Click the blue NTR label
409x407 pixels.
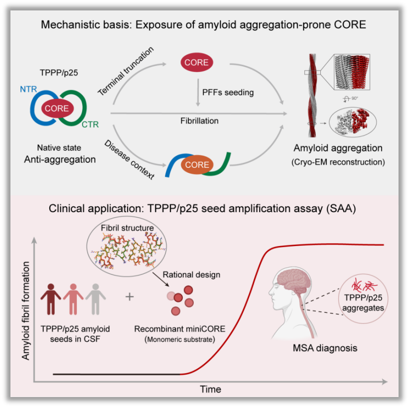(28, 89)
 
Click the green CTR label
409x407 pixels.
(90, 125)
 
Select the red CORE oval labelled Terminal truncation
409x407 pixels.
(197, 62)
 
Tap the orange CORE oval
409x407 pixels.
(197, 164)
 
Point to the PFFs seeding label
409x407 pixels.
(228, 92)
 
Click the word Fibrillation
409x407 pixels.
(200, 121)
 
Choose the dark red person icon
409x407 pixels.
(51, 299)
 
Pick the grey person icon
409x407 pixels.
(96, 299)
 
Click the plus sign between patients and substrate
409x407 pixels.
(130, 297)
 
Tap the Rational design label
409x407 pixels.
(191, 274)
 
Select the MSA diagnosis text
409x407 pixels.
(325, 348)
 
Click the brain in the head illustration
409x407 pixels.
(295, 282)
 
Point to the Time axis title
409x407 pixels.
(211, 389)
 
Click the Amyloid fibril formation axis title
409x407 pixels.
(25, 311)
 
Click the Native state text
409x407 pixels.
(59, 147)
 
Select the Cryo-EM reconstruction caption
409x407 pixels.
(338, 162)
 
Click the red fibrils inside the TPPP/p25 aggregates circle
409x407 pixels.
(364, 285)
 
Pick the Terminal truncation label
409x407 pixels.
(126, 71)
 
